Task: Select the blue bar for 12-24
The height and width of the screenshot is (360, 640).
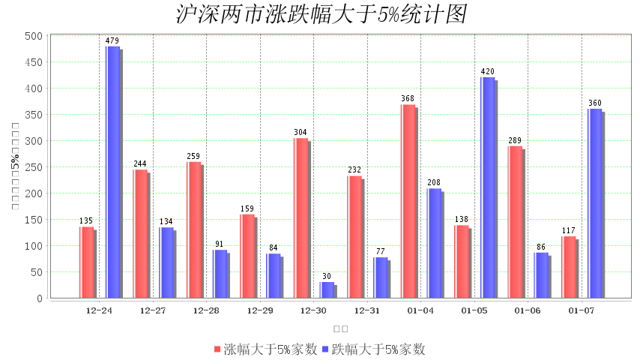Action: pos(112,172)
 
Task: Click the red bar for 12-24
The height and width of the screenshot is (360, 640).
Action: pos(86,262)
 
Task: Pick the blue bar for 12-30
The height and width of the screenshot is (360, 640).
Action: pos(327,289)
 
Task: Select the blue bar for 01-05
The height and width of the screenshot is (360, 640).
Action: pos(487,187)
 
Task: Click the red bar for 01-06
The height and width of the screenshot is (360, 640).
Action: pos(515,221)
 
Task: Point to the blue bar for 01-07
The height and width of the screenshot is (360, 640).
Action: pos(594,203)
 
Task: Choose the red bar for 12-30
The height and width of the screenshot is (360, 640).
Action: pos(301,217)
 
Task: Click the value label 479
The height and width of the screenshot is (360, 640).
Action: pos(112,40)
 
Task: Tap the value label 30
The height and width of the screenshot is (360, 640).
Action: pos(327,276)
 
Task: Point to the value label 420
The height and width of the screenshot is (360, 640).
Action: pos(487,72)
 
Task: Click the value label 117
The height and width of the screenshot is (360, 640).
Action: pos(568,230)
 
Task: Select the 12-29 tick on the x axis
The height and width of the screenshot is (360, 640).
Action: pos(260,310)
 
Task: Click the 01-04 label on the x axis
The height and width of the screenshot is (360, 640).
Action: pos(420,310)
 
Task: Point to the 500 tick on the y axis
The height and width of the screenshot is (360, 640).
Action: pos(33,36)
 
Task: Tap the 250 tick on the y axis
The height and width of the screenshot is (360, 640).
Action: pos(33,167)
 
